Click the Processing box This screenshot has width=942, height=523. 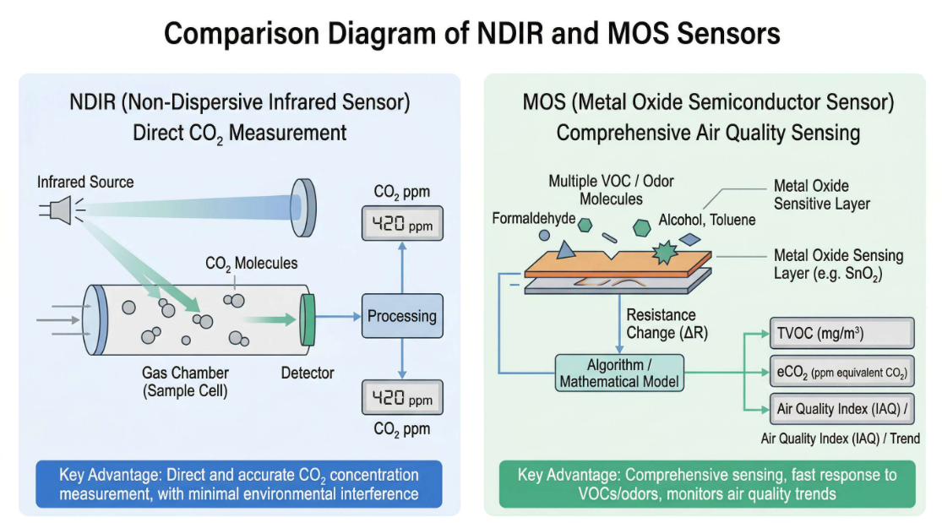click(402, 317)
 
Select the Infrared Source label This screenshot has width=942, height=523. click(85, 183)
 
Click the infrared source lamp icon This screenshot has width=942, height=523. click(59, 210)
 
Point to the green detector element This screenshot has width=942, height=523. click(308, 319)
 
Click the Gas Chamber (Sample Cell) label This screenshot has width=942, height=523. click(185, 382)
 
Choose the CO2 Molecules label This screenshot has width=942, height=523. click(252, 264)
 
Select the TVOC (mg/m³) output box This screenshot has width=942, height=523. click(841, 334)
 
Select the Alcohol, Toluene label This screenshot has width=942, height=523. click(707, 221)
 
